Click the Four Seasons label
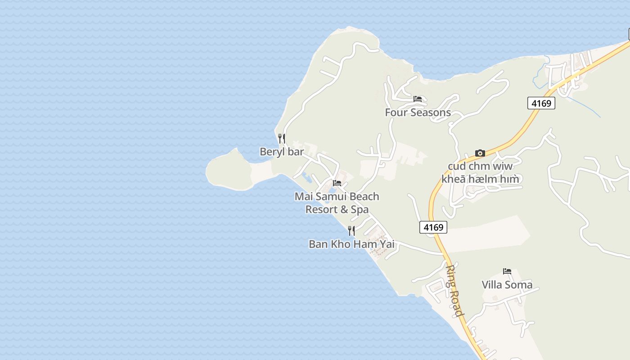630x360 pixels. coord(418,112)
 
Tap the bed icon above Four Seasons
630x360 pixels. coord(418,99)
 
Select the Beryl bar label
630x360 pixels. coord(282,152)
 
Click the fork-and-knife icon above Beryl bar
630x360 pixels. coord(282,138)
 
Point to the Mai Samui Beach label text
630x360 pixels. coord(337,197)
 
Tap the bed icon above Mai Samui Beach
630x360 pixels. coord(337,183)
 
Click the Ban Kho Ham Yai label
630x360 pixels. coord(351,244)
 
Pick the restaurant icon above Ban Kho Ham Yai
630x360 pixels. coord(351,231)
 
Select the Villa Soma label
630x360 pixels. coord(507,285)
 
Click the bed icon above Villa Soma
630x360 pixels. coord(507,271)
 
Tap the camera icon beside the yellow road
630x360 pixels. coord(480,153)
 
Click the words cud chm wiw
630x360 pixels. coord(480,166)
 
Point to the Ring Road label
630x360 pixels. coord(454,291)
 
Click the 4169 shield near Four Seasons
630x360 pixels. coord(541,103)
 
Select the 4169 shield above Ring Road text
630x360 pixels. coord(433,227)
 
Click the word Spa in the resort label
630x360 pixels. coord(360,209)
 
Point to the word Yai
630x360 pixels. coord(387,244)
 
